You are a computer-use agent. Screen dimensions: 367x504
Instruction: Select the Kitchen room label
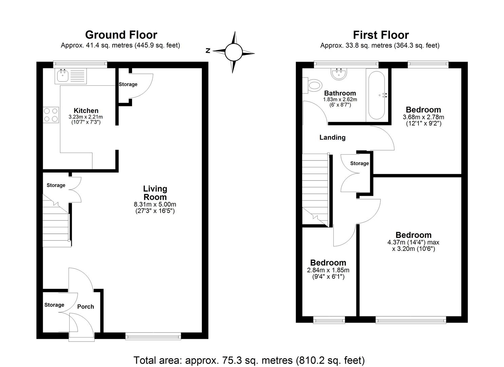[x=86, y=110]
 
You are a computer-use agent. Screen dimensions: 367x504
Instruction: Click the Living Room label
[x=155, y=193]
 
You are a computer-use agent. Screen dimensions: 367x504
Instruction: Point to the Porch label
[x=86, y=307]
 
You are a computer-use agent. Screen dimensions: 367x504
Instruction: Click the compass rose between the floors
[x=234, y=52]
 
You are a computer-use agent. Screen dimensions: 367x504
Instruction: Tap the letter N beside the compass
[x=208, y=51]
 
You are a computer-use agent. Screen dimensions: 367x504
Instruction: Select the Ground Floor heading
[x=121, y=35]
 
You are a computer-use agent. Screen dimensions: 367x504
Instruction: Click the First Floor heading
[x=380, y=35]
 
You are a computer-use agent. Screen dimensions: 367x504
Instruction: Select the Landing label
[x=332, y=137]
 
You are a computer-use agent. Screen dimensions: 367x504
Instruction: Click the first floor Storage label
[x=359, y=163]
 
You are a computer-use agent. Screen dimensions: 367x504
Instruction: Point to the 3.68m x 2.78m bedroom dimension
[x=423, y=117]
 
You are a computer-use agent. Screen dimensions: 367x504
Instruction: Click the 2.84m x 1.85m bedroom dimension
[x=328, y=270]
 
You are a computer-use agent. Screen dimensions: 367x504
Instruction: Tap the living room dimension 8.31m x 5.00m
[x=155, y=205]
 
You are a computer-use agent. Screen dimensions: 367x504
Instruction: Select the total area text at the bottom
[x=249, y=360]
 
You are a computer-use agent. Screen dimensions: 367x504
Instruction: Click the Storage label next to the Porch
[x=54, y=305]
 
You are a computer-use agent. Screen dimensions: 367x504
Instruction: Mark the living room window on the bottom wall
[x=153, y=336]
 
